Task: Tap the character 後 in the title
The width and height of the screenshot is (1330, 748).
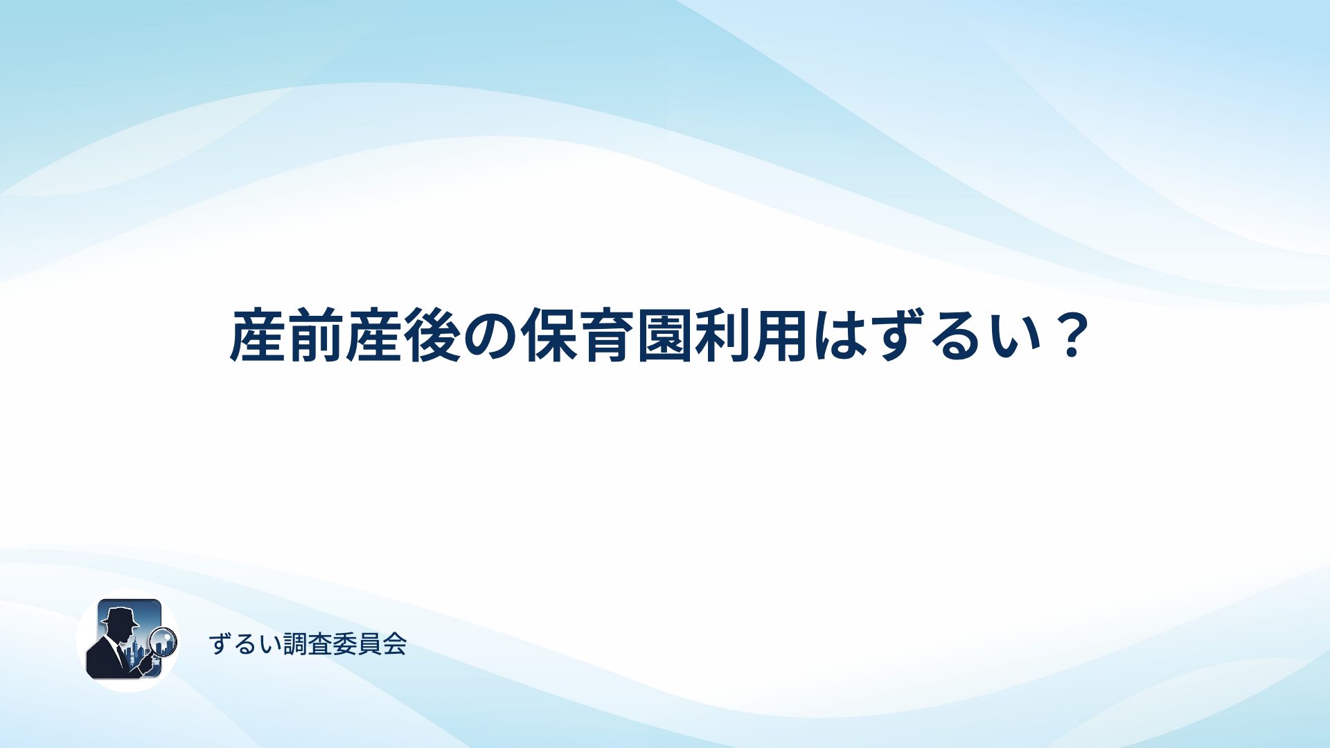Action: (433, 337)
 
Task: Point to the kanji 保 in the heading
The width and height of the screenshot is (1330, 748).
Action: (549, 337)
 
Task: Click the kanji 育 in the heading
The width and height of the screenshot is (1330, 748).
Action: (608, 337)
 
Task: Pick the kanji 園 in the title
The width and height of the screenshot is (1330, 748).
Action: (666, 337)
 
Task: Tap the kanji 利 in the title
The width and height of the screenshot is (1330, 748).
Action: (724, 337)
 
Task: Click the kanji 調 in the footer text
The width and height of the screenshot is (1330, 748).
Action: (295, 644)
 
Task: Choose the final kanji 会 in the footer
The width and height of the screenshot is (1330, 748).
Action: (395, 644)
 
